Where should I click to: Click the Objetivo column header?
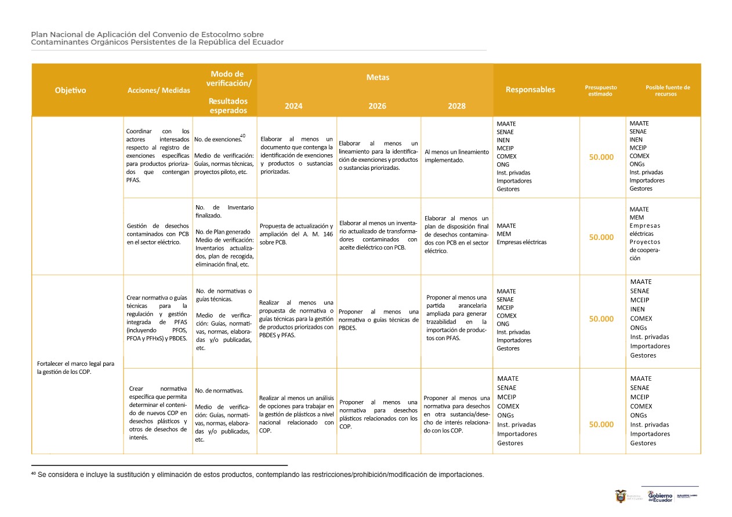(70, 90)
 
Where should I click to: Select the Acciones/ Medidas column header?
(158, 90)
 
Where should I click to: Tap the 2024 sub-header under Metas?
(293, 106)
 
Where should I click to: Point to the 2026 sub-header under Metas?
(377, 106)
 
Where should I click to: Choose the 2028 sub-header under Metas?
(456, 106)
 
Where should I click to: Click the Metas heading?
(378, 77)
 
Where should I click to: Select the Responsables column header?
(530, 89)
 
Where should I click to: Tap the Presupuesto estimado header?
(600, 90)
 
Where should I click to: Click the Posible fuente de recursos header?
(668, 90)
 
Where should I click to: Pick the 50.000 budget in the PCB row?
(601, 237)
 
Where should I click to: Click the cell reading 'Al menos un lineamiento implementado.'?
(456, 156)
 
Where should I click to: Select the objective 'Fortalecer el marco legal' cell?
(75, 368)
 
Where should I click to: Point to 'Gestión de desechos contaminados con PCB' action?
(158, 234)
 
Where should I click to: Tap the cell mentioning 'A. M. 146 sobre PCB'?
(296, 234)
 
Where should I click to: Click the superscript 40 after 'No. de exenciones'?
(242, 136)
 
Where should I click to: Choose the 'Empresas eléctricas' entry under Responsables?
(521, 242)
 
